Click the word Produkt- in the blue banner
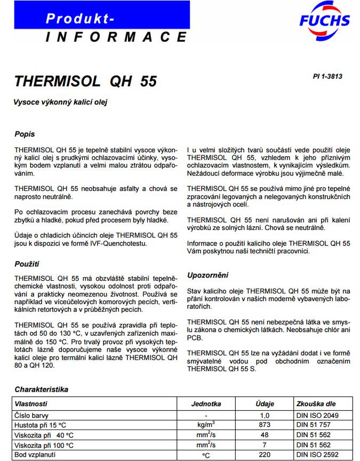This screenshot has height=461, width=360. point(80,19)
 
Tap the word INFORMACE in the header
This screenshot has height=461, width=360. point(116,37)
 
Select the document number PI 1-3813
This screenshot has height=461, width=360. point(327,76)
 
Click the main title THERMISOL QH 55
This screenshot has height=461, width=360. point(86,82)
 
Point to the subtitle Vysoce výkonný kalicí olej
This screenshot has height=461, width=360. point(64,102)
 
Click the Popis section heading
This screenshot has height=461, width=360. point(25,134)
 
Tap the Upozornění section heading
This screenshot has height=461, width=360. point(207,275)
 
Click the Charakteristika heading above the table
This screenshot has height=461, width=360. point(42,390)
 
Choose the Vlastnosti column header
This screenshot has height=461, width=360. point(31,404)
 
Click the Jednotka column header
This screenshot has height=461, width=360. point(206,404)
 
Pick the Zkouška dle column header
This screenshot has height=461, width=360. point(316,404)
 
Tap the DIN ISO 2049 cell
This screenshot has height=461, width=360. point(317,415)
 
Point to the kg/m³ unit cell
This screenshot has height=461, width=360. point(206,425)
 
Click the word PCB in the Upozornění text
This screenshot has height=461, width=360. point(195,338)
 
